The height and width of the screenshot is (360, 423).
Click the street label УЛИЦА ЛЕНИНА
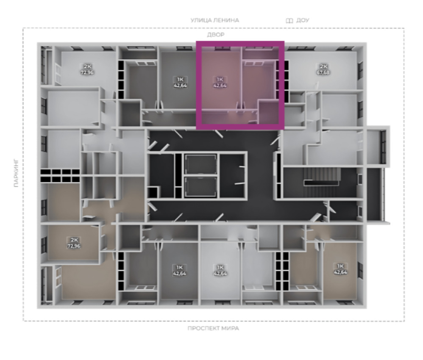(215, 20)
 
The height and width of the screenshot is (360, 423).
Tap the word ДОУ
(303, 20)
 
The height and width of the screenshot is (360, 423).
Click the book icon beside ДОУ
(289, 20)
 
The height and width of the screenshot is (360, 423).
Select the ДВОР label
(216, 35)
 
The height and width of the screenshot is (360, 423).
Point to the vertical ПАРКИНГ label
(17, 173)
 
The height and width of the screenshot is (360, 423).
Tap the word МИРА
(230, 328)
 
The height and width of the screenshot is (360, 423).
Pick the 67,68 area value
(323, 72)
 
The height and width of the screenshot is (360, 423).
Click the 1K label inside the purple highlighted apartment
(220, 79)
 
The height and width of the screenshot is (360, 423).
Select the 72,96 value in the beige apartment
(74, 246)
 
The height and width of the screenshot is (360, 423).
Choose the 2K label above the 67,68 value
(323, 66)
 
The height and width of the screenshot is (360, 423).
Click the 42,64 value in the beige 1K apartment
(340, 272)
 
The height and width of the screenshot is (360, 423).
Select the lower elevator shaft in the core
(200, 187)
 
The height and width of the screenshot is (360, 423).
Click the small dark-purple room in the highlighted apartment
(268, 112)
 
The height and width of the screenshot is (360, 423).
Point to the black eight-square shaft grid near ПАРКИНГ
(60, 176)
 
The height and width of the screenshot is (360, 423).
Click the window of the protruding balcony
(383, 147)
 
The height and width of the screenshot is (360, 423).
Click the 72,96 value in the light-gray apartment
(87, 72)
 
